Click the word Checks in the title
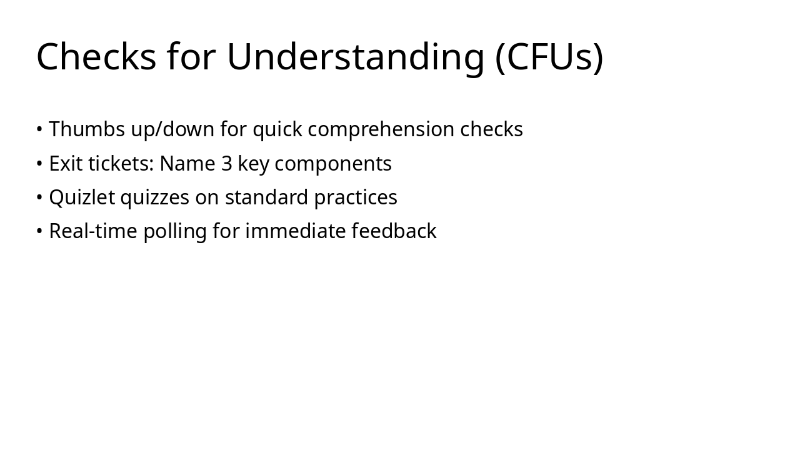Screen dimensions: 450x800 [96, 57]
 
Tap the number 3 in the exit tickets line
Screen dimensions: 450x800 [227, 163]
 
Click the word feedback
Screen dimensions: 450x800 [394, 231]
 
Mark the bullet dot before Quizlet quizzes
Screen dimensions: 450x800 [39, 197]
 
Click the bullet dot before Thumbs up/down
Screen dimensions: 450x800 [39, 130]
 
